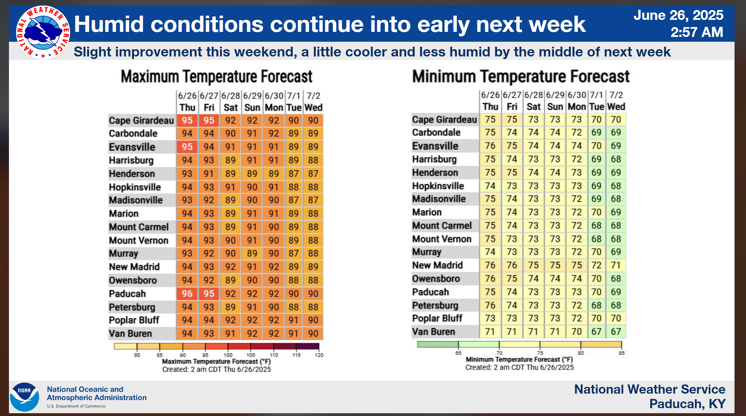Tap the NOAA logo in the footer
click(x=24, y=397)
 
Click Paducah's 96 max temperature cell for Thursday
click(x=187, y=294)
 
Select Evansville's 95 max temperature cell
click(x=187, y=147)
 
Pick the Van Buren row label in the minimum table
click(x=434, y=332)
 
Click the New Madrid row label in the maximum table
click(x=134, y=267)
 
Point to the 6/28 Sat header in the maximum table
click(x=231, y=101)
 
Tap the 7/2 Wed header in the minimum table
click(x=616, y=101)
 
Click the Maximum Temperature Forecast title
click(x=216, y=77)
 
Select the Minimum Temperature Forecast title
click(x=521, y=77)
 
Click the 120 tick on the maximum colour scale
click(x=319, y=355)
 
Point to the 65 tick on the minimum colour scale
click(x=458, y=353)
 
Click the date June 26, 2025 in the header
click(x=678, y=15)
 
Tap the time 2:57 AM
click(x=696, y=32)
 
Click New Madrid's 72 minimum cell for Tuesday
click(x=596, y=265)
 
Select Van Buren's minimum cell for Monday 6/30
click(x=577, y=332)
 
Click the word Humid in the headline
click(x=109, y=24)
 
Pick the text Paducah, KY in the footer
click(x=687, y=404)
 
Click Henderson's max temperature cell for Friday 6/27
click(x=209, y=174)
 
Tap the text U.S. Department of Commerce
click(x=76, y=406)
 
